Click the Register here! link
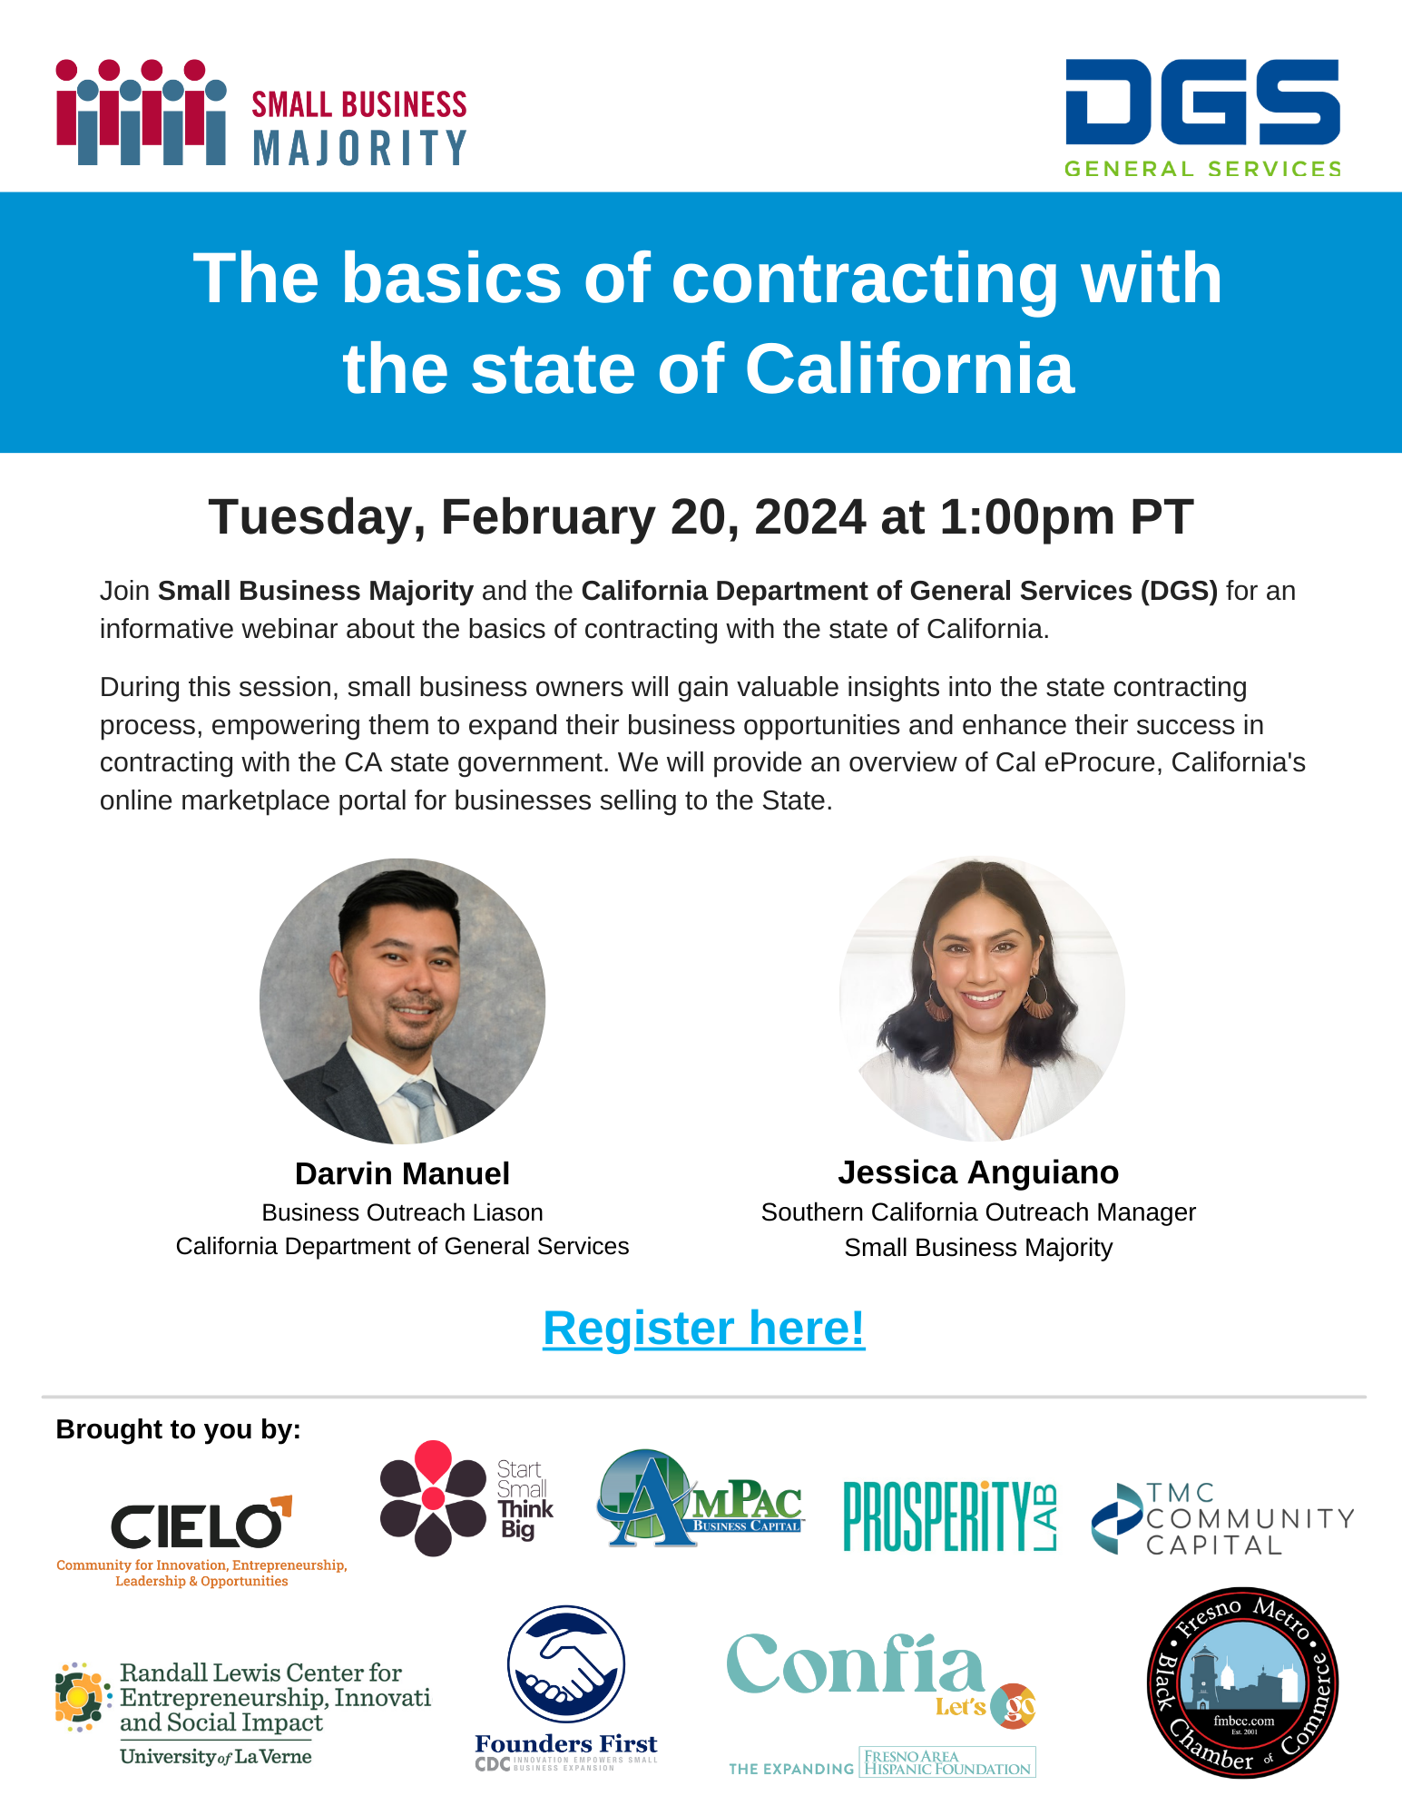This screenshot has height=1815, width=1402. [703, 1329]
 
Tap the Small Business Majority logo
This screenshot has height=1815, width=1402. [261, 113]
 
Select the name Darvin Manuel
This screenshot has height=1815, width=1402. [402, 1173]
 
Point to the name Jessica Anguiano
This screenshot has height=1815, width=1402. [978, 1172]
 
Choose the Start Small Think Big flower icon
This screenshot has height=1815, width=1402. [433, 1498]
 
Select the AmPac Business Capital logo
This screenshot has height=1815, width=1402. [700, 1497]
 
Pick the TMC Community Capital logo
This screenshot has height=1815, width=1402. [1222, 1518]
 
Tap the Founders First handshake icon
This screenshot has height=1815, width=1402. [566, 1664]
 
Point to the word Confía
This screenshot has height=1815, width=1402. [855, 1664]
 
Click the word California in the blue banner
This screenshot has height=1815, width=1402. [910, 369]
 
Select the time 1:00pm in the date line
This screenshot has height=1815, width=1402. [1026, 517]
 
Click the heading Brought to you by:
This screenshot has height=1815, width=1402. [178, 1429]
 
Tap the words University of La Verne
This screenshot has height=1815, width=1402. [216, 1757]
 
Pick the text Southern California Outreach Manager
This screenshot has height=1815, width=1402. [978, 1212]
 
